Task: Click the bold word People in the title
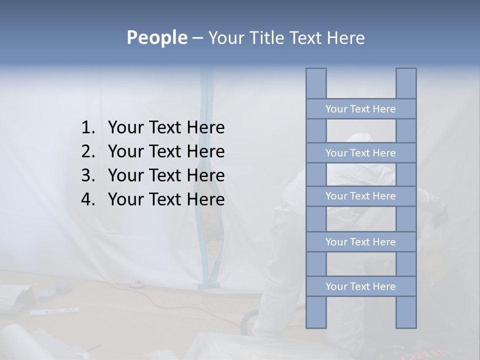point(156,37)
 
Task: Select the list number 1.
point(87,128)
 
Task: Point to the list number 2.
point(87,151)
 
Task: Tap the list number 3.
point(87,175)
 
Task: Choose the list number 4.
point(87,199)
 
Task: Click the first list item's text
point(166,128)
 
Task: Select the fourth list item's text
point(166,199)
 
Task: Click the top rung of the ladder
point(360,109)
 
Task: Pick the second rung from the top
point(360,153)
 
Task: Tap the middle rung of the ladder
point(360,196)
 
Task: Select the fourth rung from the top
point(360,242)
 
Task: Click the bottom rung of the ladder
point(360,286)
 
